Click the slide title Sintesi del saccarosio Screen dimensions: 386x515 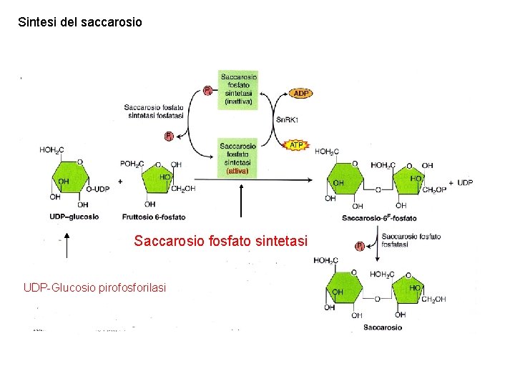click(80, 22)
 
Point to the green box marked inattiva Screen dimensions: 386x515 click(238, 89)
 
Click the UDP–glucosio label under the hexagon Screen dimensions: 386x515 click(74, 216)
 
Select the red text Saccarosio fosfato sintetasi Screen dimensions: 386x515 click(220, 242)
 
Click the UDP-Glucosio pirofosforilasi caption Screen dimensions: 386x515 click(94, 287)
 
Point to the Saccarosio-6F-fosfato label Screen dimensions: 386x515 click(380, 217)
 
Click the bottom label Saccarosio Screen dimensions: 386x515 click(382, 327)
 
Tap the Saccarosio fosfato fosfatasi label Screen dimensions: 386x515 click(411, 240)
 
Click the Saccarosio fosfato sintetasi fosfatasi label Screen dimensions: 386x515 click(153, 112)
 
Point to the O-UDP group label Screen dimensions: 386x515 click(97, 189)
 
